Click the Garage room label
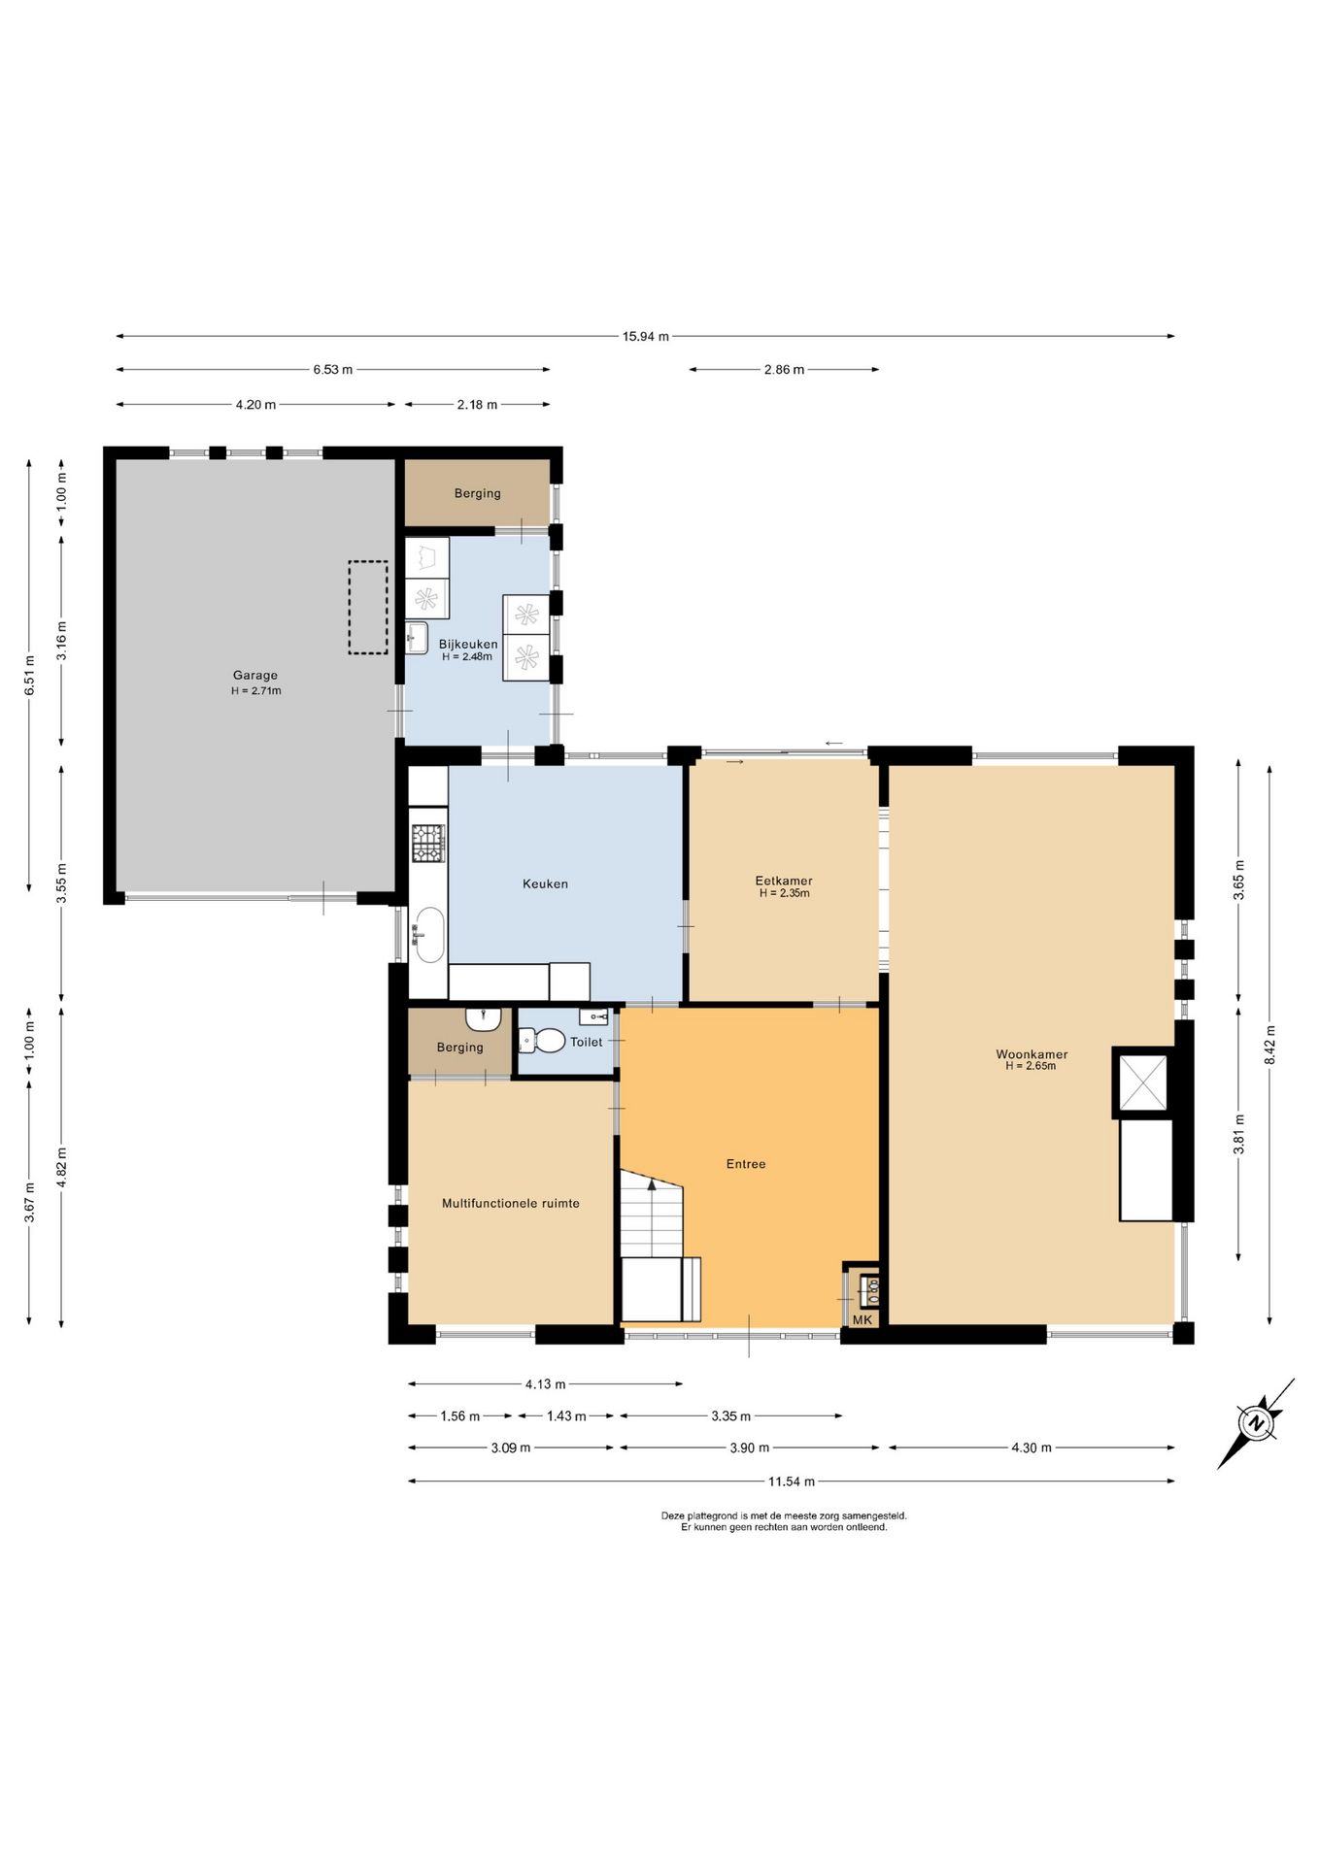point(255,676)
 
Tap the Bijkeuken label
point(468,645)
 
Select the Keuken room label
point(545,884)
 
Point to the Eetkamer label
point(784,882)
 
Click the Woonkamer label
point(1032,1054)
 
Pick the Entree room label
point(746,1164)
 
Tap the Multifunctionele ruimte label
point(511,1204)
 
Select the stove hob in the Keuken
point(428,844)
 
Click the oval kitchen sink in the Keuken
point(429,935)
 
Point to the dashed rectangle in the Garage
point(368,607)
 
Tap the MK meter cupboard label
point(862,1320)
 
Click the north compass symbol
point(1257,1423)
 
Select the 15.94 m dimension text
point(646,337)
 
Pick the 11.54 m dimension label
point(792,1481)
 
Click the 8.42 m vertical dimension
point(1269,1045)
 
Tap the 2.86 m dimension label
point(784,370)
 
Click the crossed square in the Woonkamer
point(1143,1082)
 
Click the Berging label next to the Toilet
point(460,1048)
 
